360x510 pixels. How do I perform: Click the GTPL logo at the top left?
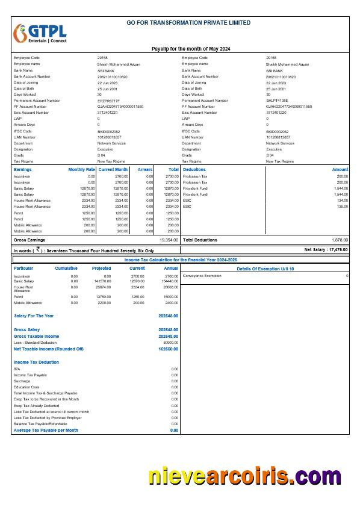40,35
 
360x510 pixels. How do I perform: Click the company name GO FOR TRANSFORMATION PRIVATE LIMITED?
188,23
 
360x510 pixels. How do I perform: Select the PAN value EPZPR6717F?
108,101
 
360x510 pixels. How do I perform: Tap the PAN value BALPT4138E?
277,101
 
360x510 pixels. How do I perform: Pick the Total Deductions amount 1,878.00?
340,240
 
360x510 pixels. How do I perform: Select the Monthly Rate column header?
81,170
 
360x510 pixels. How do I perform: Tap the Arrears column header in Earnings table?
144,170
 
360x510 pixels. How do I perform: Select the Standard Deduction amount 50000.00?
170,342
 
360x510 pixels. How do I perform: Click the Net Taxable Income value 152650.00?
168,349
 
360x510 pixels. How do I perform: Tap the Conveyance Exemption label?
202,276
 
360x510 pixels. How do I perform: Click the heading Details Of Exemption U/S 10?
265,269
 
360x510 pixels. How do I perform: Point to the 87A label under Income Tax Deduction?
17,369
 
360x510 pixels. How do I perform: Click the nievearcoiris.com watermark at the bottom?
244,476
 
